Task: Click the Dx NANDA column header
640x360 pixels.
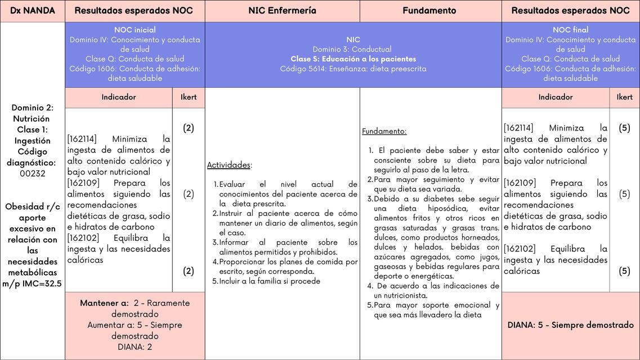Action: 33,11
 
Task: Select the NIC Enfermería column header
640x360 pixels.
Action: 282,11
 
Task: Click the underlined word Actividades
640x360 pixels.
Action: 229,165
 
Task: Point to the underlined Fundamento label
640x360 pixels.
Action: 384,132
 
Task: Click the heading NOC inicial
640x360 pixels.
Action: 135,30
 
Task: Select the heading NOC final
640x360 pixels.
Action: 570,30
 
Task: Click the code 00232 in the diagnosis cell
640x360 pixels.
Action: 33,174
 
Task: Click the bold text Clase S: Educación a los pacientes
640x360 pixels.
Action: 353,59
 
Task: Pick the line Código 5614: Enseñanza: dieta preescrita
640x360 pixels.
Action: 353,69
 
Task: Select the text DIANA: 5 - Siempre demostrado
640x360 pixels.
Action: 570,325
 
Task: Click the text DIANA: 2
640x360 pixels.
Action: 135,347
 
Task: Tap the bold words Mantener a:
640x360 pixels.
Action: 104,303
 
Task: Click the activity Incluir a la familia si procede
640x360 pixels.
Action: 270,281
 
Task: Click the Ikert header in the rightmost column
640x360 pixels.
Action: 624,97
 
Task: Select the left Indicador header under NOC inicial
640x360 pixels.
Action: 119,97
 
